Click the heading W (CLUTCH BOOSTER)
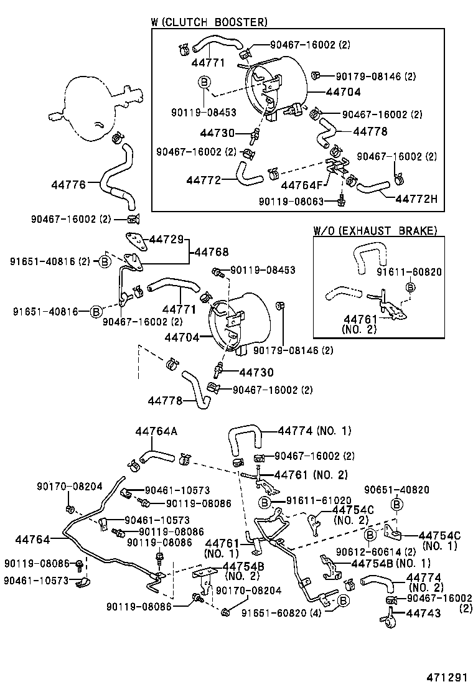(209, 22)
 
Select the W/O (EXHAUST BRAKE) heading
(375, 231)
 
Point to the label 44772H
(416, 199)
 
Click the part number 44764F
(302, 185)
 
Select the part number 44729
(167, 240)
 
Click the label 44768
(212, 252)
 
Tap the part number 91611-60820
(409, 271)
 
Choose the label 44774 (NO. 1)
(314, 430)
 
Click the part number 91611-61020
(319, 500)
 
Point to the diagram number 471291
(447, 677)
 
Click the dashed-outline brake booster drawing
(93, 103)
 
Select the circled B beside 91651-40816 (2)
(105, 261)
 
